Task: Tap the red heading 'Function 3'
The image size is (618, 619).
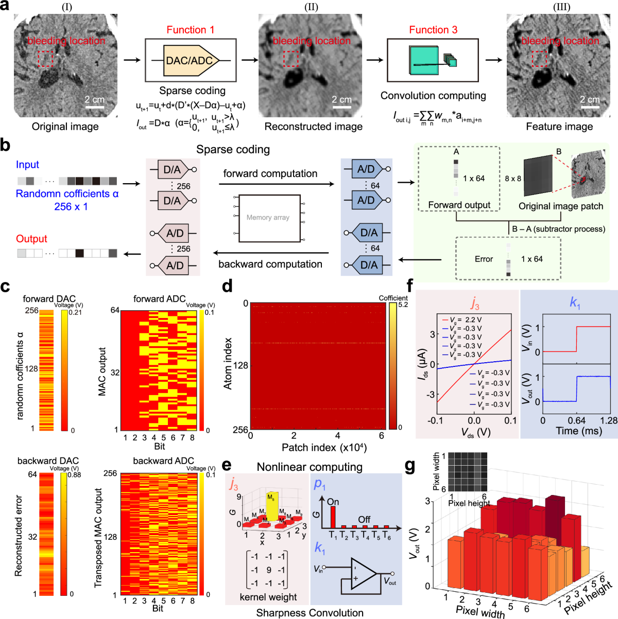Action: pos(433,30)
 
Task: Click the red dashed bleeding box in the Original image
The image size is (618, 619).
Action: pos(46,59)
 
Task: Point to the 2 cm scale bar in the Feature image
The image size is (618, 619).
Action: pos(590,107)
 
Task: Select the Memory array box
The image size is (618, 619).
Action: pos(269,218)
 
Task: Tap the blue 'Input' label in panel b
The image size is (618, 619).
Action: pos(27,165)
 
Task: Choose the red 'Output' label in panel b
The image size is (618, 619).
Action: pos(31,239)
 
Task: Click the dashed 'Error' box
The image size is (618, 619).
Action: pos(508,258)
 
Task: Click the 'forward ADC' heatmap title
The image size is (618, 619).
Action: pos(159,299)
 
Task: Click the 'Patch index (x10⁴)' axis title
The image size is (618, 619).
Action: pos(324,448)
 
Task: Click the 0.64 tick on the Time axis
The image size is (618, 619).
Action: pos(576,420)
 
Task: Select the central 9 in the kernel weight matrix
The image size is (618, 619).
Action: pos(268,570)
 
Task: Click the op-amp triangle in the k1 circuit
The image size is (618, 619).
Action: pos(364,573)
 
